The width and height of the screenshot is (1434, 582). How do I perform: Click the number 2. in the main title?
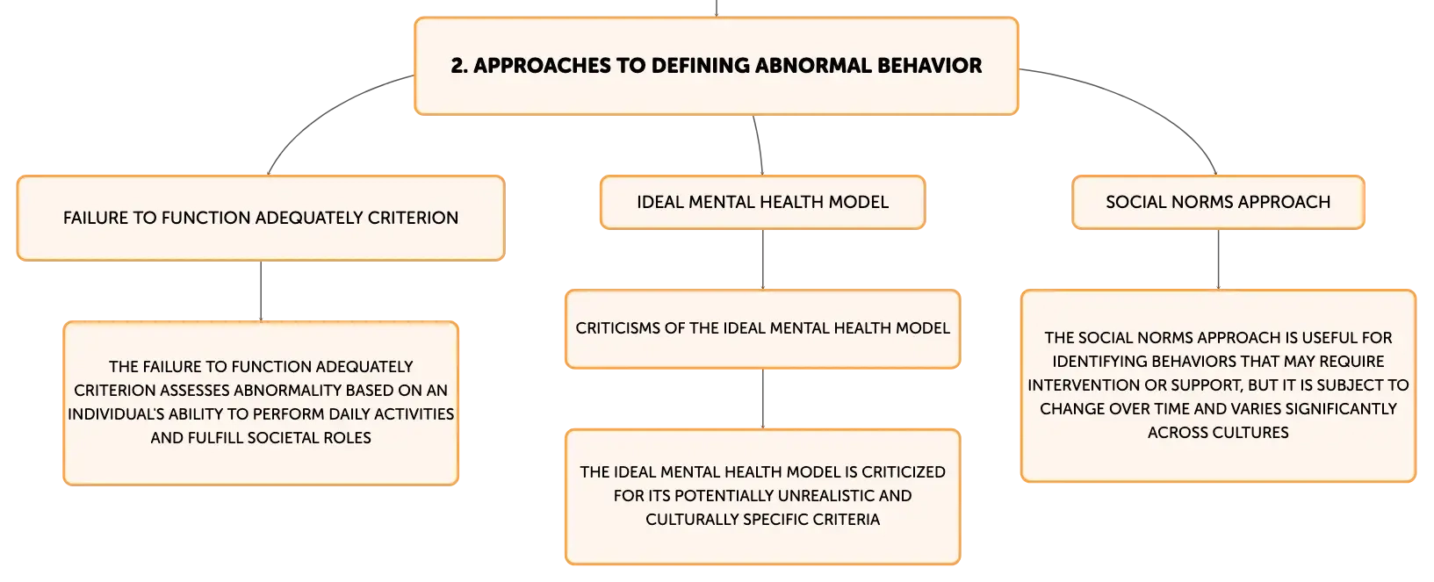(x=459, y=65)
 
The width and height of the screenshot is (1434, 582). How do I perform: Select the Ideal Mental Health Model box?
(x=762, y=202)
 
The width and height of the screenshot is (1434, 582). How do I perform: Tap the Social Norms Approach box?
(x=1218, y=202)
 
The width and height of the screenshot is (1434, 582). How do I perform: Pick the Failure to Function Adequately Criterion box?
(x=261, y=219)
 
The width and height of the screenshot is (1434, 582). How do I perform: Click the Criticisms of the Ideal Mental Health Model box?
(x=762, y=329)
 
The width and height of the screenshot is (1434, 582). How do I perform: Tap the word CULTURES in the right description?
(x=1250, y=432)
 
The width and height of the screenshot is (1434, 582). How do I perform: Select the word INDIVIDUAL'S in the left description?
(x=113, y=414)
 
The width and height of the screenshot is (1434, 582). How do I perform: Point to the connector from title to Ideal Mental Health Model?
(x=759, y=145)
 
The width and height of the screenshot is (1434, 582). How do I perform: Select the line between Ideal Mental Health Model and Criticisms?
(x=762, y=259)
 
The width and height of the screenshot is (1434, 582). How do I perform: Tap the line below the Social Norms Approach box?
(x=1218, y=259)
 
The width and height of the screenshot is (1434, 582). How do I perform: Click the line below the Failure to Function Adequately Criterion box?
(x=261, y=291)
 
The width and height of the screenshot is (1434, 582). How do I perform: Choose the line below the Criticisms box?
(x=762, y=399)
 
